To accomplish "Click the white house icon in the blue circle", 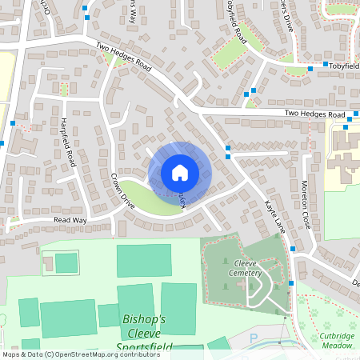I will click(x=180, y=172).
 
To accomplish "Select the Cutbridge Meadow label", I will click(x=336, y=340).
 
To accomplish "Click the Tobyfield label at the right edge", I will click(x=345, y=65).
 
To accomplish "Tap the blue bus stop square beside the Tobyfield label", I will click(x=326, y=65).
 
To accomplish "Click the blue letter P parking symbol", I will click(x=254, y=339).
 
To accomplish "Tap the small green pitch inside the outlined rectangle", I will click(x=66, y=262).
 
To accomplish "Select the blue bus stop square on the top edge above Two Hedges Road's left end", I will click(x=86, y=7).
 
